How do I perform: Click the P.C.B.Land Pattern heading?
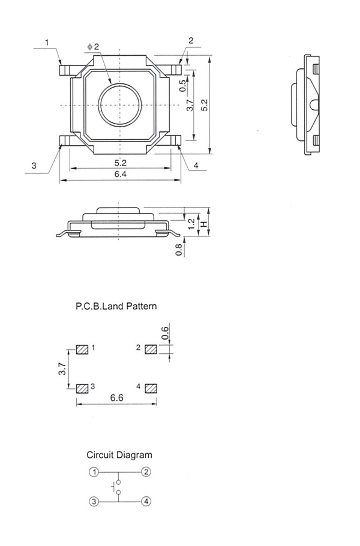pos(116,306)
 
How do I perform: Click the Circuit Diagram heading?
pos(119,455)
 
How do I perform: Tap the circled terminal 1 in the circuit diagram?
pos(94,472)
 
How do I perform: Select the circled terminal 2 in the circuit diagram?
pos(146,472)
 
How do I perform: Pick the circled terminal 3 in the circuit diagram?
pos(94,502)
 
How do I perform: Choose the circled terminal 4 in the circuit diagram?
pos(146,502)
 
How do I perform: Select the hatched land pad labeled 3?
pos(82,388)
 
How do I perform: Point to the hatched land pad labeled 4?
pos(151,388)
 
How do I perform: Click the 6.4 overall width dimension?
pos(120,174)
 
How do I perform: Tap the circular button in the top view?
pos(120,106)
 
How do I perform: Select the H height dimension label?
pos(204,224)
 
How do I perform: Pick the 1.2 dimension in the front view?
pos(191,224)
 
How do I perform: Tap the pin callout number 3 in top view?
pos(34,166)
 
